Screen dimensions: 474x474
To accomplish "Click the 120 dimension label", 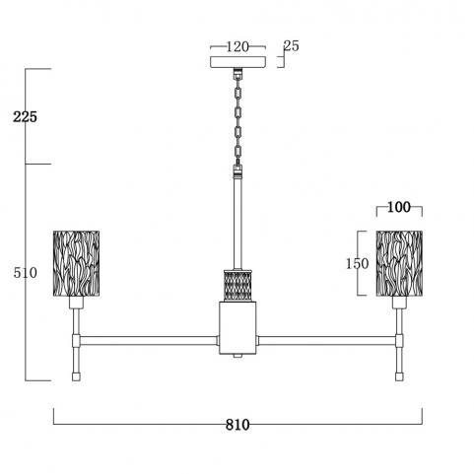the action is [237, 47].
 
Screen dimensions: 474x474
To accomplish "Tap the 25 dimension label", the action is [292, 46].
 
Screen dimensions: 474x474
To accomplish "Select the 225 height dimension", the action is [25, 117].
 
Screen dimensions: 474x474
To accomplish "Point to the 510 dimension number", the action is [26, 273].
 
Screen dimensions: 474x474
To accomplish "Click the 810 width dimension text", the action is [237, 425].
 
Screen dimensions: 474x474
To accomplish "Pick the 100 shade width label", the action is [399, 207].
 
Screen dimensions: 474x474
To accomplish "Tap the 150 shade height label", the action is [358, 263].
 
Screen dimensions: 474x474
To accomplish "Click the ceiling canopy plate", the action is [237, 62].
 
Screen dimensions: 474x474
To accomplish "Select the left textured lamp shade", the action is [77, 263].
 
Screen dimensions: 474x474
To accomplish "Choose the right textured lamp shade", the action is [399, 263].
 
